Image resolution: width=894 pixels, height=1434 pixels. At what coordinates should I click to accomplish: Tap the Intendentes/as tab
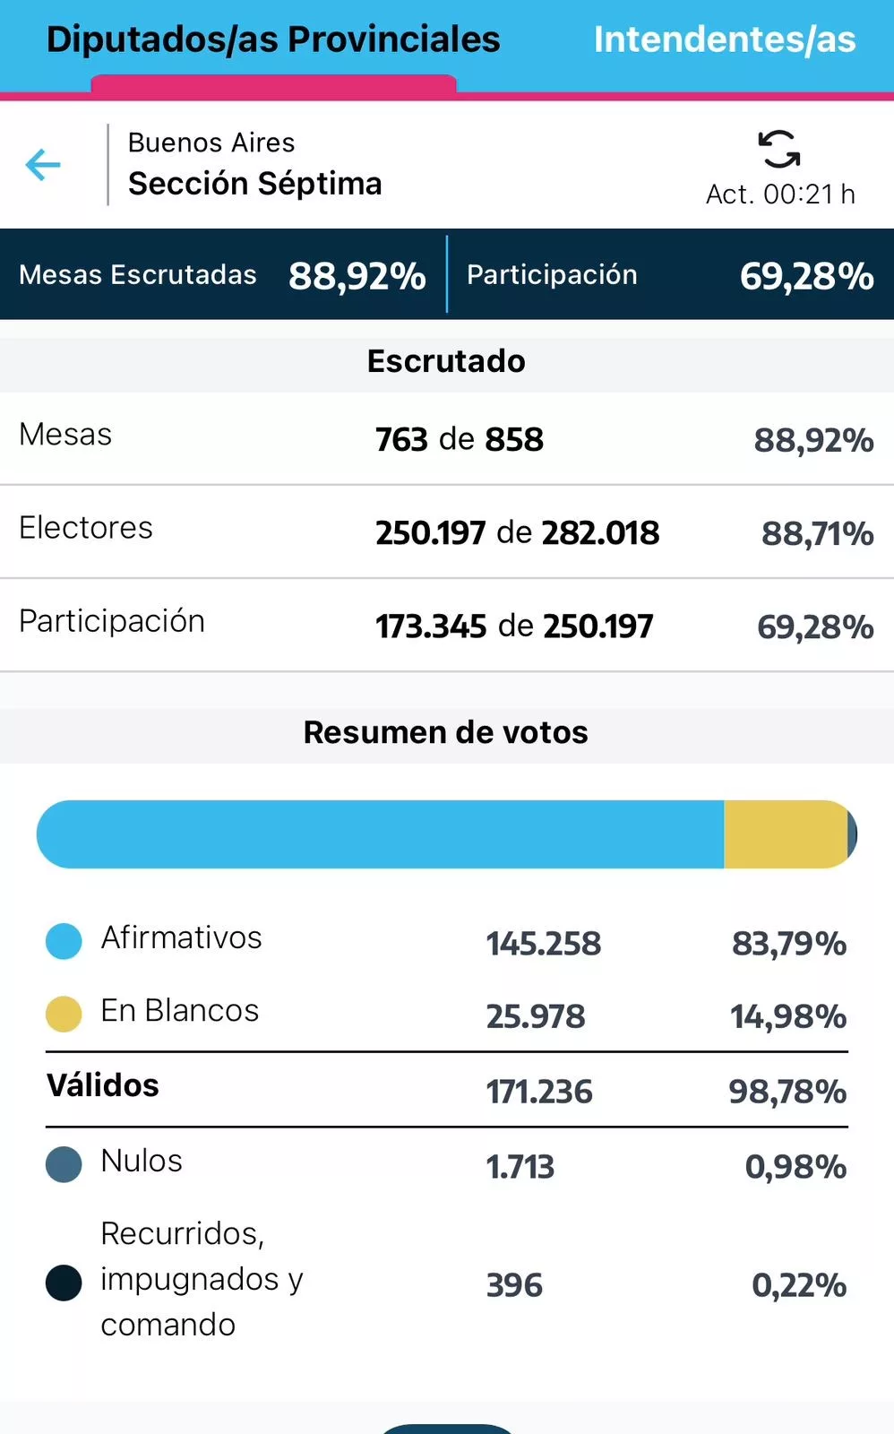[x=724, y=40]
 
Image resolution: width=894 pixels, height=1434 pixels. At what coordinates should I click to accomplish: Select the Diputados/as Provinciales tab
[x=273, y=40]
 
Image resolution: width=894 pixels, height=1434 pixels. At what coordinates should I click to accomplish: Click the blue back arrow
[x=43, y=165]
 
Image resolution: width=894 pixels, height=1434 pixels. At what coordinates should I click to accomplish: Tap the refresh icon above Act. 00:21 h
[x=779, y=149]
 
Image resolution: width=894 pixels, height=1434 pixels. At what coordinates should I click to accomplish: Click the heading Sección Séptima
[x=254, y=184]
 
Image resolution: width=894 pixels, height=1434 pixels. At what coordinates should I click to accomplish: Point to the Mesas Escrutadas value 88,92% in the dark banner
[x=357, y=276]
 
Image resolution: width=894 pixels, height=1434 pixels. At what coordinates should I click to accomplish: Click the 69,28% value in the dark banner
[x=806, y=276]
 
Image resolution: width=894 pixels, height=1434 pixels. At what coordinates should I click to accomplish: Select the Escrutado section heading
[x=446, y=361]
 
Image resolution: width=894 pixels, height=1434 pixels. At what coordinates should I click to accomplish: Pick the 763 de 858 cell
[x=459, y=440]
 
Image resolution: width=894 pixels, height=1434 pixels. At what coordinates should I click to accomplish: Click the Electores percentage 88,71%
[x=817, y=534]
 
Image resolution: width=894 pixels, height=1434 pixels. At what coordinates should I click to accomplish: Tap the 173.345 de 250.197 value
[x=514, y=626]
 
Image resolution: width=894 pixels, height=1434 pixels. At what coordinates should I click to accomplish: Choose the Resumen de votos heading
[x=446, y=732]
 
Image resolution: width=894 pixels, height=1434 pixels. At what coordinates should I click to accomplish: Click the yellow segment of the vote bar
[x=785, y=834]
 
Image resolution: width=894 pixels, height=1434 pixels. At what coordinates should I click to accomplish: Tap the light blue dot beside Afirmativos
[x=64, y=941]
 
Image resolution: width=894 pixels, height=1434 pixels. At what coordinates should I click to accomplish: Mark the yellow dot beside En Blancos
[x=64, y=1014]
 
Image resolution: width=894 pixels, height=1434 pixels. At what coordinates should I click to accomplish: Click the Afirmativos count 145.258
[x=543, y=944]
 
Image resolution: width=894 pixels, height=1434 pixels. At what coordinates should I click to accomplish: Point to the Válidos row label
[x=103, y=1086]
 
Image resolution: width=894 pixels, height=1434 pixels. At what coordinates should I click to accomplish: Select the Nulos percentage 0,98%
[x=795, y=1167]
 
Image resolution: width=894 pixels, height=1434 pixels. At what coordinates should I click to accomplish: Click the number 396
[x=514, y=1285]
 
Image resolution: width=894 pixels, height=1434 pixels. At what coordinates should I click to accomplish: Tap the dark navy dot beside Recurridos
[x=64, y=1283]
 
